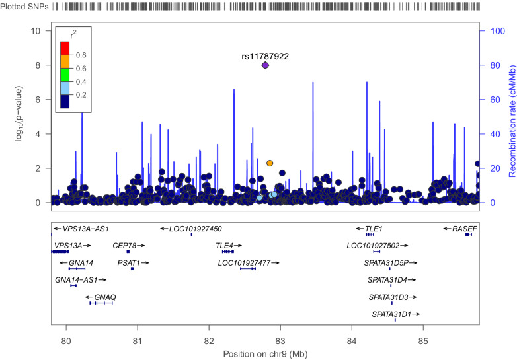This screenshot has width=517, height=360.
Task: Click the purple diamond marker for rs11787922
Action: (x=265, y=65)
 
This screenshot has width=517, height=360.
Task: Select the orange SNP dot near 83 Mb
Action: (x=270, y=163)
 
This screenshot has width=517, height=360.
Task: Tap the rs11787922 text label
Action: (x=264, y=56)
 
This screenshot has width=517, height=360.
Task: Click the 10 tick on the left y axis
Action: (x=38, y=31)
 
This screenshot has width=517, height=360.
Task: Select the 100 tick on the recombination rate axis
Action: (x=487, y=31)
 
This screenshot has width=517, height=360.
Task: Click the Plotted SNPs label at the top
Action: (x=26, y=6)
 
